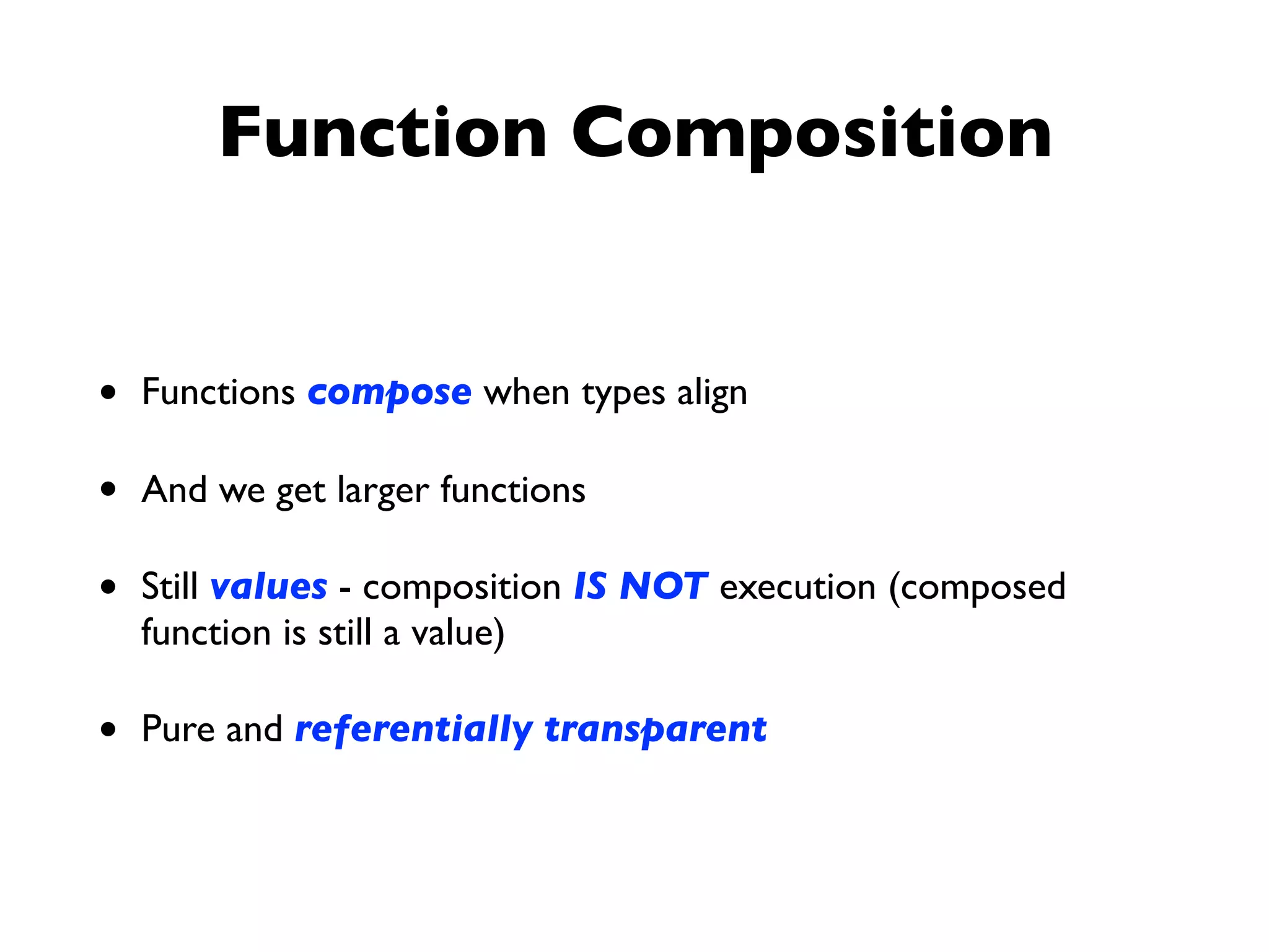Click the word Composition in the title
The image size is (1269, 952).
click(811, 133)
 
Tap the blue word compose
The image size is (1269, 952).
click(389, 393)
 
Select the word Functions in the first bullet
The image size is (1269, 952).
click(218, 392)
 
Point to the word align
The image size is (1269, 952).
click(712, 394)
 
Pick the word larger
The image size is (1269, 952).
click(382, 491)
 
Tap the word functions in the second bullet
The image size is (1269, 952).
click(512, 490)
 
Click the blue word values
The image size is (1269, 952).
click(268, 586)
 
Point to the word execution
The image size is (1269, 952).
click(797, 586)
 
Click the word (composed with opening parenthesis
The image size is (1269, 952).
click(977, 588)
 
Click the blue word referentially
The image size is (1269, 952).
click(413, 729)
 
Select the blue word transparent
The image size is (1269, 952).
click(656, 729)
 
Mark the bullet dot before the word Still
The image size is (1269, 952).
click(108, 586)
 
